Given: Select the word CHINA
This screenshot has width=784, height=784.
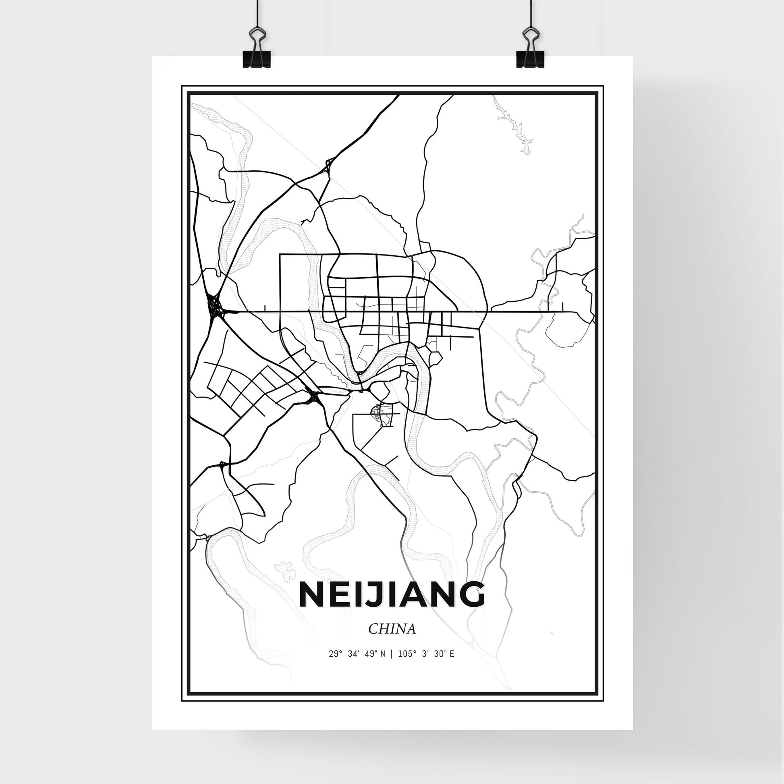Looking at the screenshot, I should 392,641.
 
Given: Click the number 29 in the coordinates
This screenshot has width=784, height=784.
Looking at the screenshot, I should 333,666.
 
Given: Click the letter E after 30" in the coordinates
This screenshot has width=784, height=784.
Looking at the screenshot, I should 452,666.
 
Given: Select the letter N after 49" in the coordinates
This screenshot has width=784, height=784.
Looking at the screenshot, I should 383,666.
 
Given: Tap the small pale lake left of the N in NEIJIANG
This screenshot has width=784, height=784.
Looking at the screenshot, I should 284,570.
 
